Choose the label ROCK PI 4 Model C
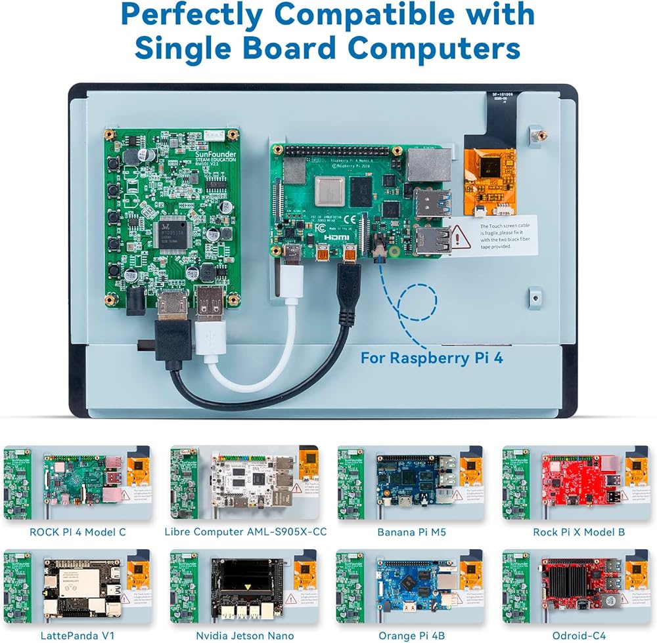point(78,531)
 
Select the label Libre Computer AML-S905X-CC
point(245,531)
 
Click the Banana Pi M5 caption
point(411,531)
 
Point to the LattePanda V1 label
point(78,636)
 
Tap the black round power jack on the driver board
point(136,301)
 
